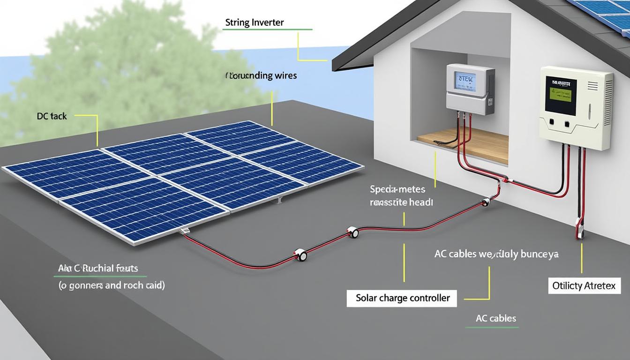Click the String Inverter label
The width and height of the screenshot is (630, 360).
[254, 22]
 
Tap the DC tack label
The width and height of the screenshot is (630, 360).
[52, 116]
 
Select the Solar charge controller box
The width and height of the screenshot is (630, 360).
[402, 298]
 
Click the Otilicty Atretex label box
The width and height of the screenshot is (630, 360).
[584, 285]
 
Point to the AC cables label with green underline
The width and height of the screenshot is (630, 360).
[495, 318]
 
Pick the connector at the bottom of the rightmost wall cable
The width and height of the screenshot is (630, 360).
[580, 232]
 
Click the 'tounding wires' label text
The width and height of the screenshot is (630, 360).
[262, 75]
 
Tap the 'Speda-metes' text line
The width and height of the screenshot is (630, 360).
[397, 189]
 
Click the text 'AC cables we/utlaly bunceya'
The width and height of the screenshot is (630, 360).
[496, 254]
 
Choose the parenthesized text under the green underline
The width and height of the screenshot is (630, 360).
[112, 285]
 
